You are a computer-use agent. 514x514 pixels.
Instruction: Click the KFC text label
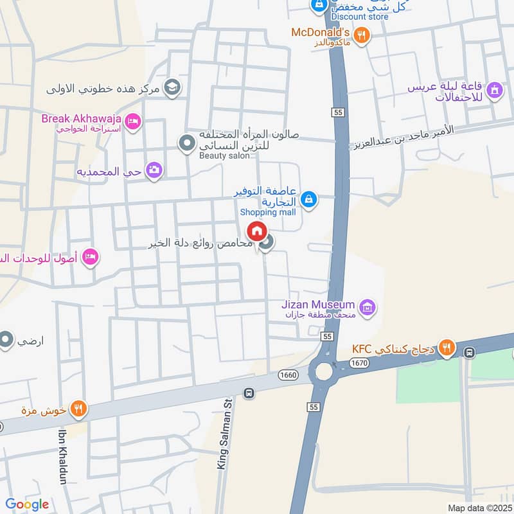[x=362, y=349]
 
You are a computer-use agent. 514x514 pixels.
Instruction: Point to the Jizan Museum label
[x=318, y=304]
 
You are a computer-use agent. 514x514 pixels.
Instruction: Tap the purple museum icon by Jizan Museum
[x=367, y=308]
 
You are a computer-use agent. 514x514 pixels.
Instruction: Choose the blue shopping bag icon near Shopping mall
[x=309, y=199]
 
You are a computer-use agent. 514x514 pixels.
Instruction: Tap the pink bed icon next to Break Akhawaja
[x=132, y=121]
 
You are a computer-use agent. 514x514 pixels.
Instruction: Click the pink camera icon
[x=154, y=170]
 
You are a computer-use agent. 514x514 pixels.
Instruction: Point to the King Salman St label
[x=224, y=434]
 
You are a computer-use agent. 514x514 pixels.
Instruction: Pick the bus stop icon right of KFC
[x=470, y=352]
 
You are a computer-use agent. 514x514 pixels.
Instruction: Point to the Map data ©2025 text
[x=479, y=508]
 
